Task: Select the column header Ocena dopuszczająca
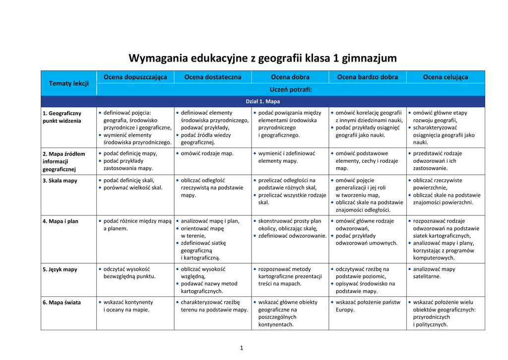pos(135,77)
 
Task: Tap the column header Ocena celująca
pos(445,77)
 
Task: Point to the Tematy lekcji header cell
pos(68,83)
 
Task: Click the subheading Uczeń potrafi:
pos(290,90)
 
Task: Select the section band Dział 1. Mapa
pos(263,102)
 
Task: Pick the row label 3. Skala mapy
pos(60,181)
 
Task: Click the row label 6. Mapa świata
pos(62,302)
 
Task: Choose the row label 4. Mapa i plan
pos(61,221)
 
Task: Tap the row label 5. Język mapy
pos(60,270)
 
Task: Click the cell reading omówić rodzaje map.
pos(207,153)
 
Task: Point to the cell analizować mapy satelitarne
pos(434,273)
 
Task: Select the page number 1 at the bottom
pos(242,348)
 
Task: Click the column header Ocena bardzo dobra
pos(367,77)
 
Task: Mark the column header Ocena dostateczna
pos(212,77)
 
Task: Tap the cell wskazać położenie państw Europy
pos(368,305)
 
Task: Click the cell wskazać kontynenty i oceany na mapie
pos(128,305)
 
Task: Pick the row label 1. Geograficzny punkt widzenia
pos(62,117)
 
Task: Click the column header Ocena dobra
pos(290,77)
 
